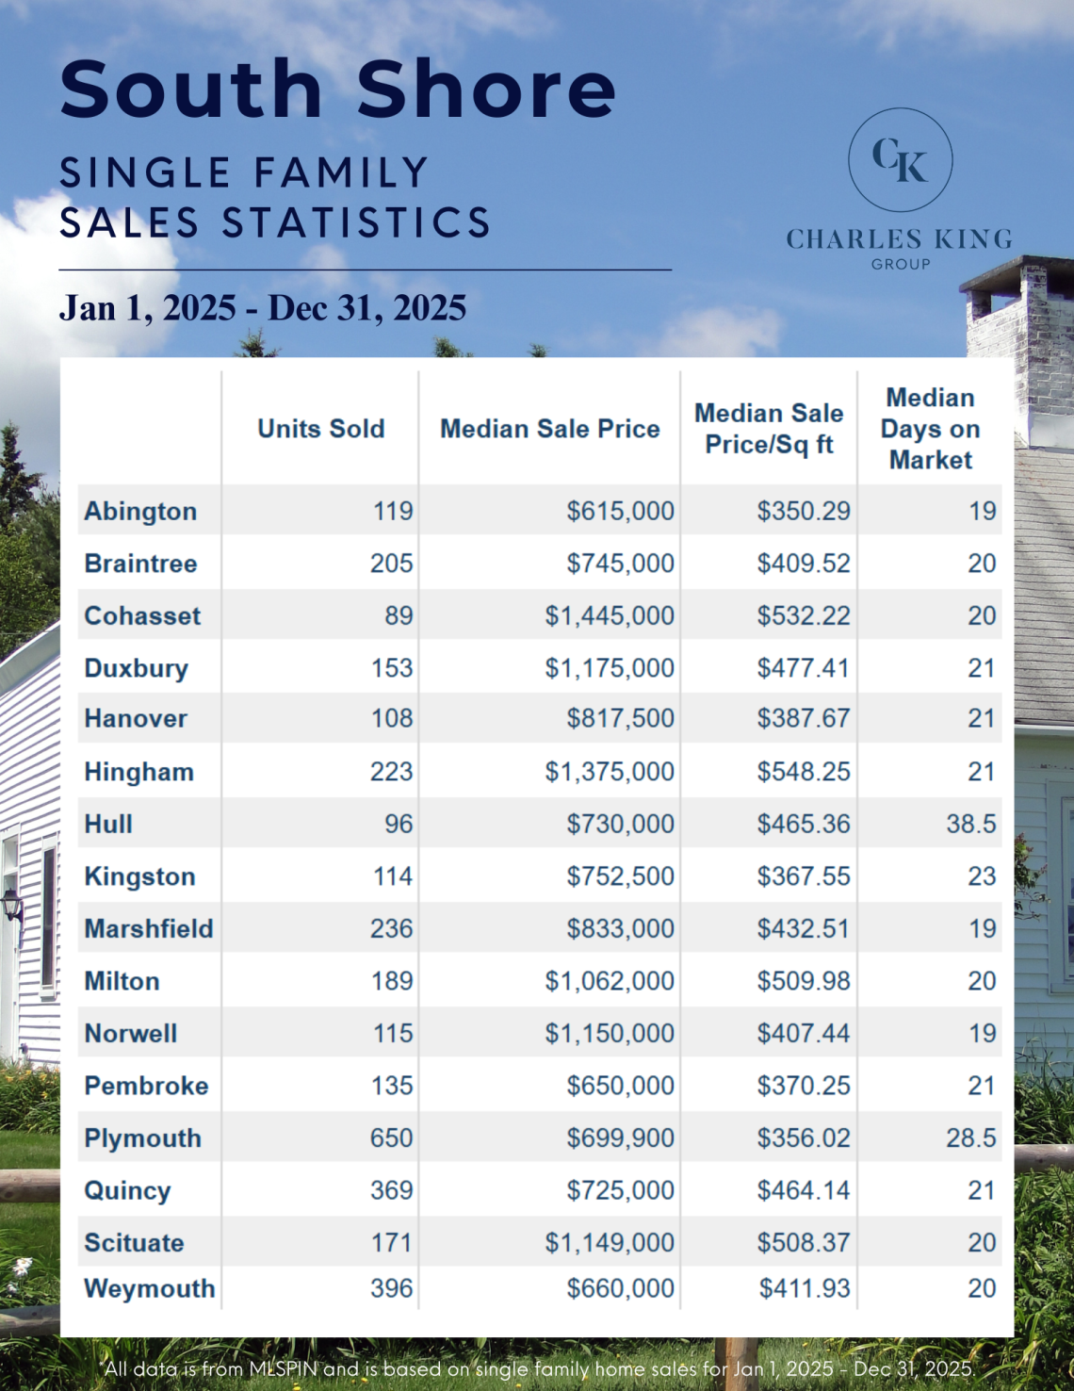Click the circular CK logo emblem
(x=900, y=159)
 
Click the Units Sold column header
(x=321, y=429)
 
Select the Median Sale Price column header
(x=550, y=429)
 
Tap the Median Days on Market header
(x=930, y=429)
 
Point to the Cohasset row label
(x=142, y=615)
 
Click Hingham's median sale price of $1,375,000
(x=610, y=772)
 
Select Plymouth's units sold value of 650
(x=391, y=1137)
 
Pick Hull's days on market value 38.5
(x=971, y=824)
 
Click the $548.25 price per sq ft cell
(x=804, y=772)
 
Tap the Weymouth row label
(x=150, y=1288)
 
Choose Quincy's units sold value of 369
(x=391, y=1190)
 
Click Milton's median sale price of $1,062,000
(x=610, y=981)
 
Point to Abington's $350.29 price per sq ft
(x=804, y=511)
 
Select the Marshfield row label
(x=149, y=928)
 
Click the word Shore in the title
(x=486, y=90)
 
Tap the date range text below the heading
(x=263, y=308)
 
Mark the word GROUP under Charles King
(x=901, y=265)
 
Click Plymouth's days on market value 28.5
(x=971, y=1137)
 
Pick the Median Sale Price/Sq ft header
(x=769, y=429)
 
